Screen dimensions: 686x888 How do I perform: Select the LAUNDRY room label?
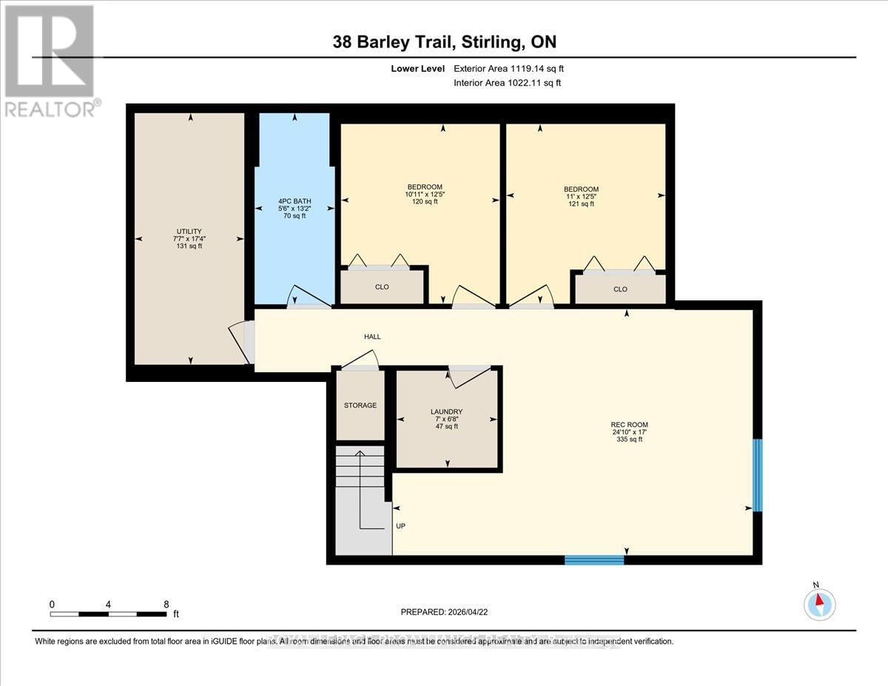click(x=447, y=411)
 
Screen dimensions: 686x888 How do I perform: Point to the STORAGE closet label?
click(x=360, y=406)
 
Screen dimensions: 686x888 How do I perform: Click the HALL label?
click(x=372, y=337)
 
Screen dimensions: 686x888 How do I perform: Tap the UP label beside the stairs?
click(x=400, y=526)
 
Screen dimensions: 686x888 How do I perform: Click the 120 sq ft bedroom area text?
click(x=425, y=201)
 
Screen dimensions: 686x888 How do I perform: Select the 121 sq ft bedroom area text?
click(x=581, y=204)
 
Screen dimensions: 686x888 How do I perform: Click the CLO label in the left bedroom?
click(x=382, y=287)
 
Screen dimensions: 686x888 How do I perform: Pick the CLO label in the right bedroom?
click(x=620, y=289)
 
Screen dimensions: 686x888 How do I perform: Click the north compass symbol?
click(x=819, y=603)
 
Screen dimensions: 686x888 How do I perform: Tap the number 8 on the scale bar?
click(x=166, y=604)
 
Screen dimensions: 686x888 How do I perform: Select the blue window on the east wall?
click(x=757, y=475)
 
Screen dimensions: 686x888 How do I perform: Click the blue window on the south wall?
click(x=594, y=560)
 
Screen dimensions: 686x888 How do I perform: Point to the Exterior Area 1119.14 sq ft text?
click(x=513, y=69)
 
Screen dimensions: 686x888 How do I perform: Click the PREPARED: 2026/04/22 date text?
click(x=443, y=612)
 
